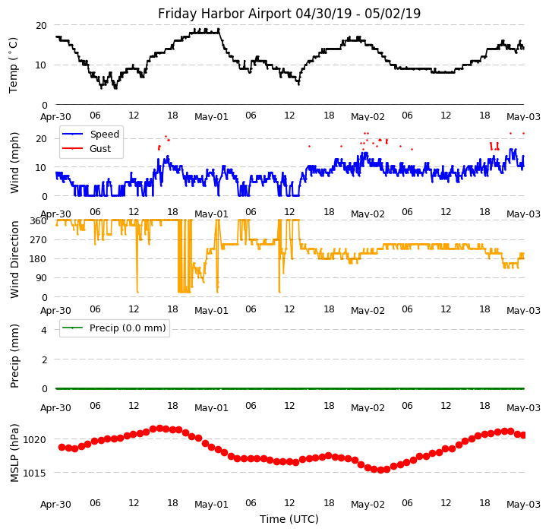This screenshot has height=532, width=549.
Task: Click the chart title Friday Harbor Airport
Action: click(x=289, y=14)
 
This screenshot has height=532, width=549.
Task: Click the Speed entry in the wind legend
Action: click(x=104, y=135)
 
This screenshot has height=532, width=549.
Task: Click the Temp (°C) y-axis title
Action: click(x=14, y=65)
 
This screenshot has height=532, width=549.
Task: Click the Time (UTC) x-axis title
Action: click(x=289, y=519)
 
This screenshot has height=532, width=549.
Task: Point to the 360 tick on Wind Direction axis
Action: click(x=38, y=221)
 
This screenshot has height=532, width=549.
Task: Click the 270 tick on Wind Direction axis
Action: click(x=38, y=240)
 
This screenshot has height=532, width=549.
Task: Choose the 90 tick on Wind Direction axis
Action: click(x=41, y=278)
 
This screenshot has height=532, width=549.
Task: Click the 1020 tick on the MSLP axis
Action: click(x=34, y=439)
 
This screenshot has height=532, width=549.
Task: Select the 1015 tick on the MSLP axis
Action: click(x=34, y=473)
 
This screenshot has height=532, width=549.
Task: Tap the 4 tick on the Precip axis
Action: click(x=43, y=330)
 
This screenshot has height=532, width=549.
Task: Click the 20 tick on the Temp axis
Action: click(x=41, y=25)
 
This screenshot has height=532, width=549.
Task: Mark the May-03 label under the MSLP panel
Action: click(x=523, y=504)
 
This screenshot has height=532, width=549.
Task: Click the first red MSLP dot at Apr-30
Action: click(x=62, y=447)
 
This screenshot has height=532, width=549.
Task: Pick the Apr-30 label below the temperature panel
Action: click(x=55, y=117)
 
